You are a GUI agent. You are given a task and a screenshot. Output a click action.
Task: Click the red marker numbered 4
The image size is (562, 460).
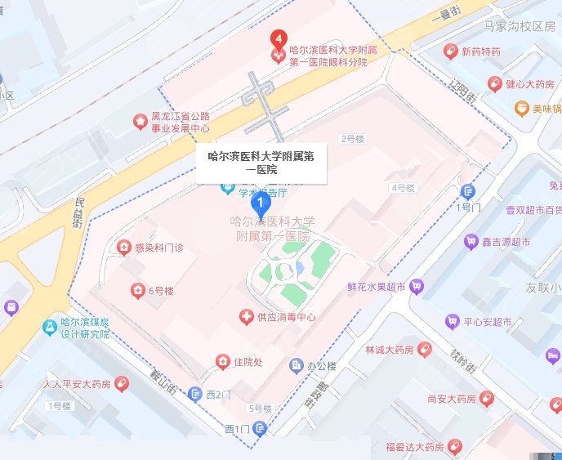[279, 38]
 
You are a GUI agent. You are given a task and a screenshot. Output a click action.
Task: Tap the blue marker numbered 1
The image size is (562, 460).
[260, 203]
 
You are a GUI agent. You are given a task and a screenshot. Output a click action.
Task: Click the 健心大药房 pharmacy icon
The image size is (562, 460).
[494, 84]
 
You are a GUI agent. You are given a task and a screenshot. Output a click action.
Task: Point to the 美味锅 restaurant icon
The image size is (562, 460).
[520, 109]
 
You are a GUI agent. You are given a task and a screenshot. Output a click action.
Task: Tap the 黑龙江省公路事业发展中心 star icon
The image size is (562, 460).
[140, 122]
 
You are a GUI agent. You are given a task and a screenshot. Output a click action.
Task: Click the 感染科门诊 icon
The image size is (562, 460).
[123, 246]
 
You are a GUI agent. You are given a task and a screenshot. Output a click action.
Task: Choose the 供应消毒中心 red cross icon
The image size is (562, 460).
[244, 316]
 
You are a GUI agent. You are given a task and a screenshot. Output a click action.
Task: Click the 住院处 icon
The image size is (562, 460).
[222, 361]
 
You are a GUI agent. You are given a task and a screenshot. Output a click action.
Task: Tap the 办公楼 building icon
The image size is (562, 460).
[296, 366]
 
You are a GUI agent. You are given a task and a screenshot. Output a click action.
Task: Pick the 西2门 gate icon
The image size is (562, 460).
[194, 394]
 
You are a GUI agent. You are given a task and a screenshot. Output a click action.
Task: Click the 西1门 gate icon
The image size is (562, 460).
[260, 427]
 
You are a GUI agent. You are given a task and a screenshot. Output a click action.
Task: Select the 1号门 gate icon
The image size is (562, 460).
[468, 191]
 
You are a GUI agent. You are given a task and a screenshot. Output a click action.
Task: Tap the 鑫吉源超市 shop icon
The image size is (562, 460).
[471, 242]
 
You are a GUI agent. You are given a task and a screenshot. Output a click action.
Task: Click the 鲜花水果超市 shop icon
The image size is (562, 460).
[417, 286]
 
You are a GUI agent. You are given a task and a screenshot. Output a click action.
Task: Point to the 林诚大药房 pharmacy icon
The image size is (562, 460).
[424, 349]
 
